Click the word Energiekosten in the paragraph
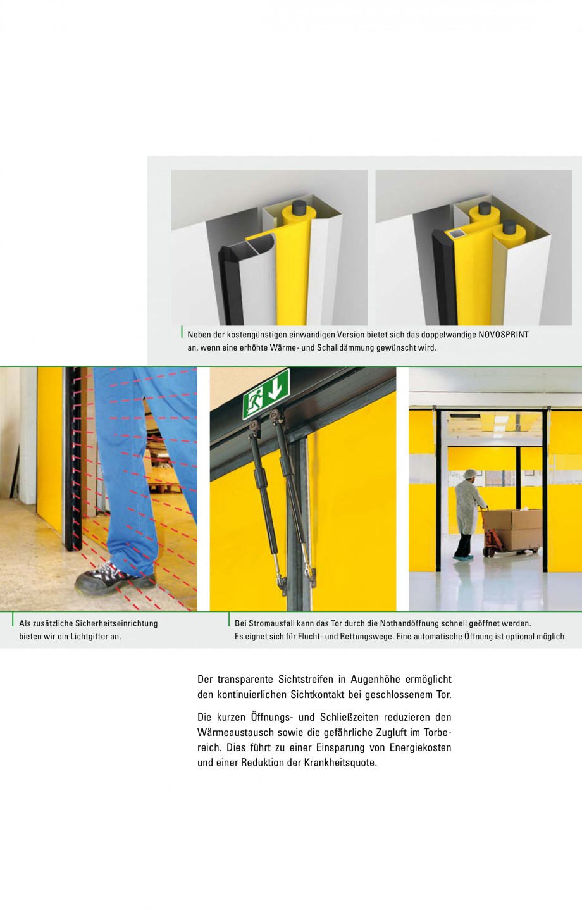(x=420, y=747)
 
